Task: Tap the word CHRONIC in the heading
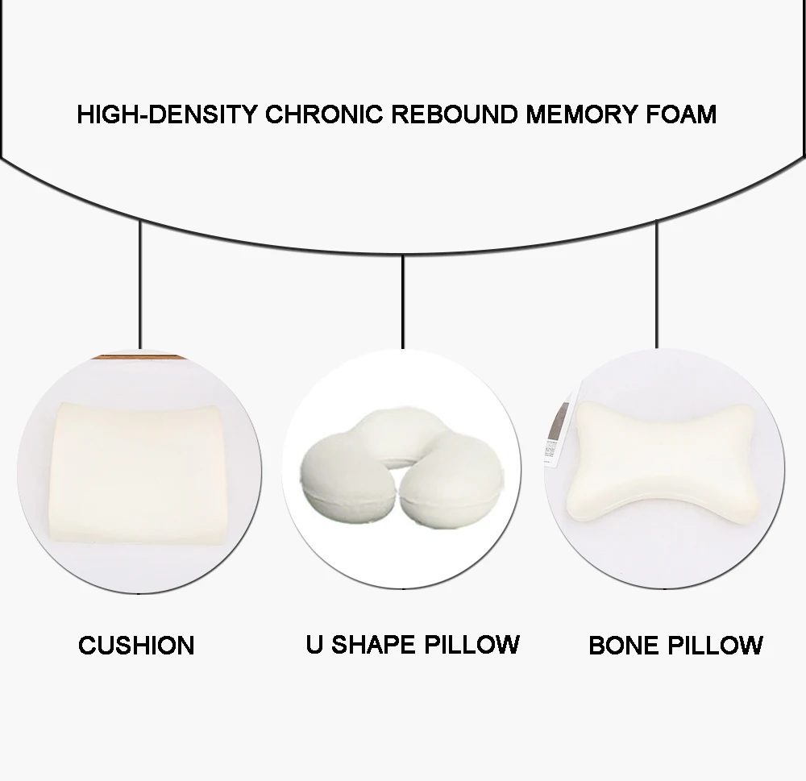[324, 114]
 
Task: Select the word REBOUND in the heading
[455, 114]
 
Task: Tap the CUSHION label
[136, 646]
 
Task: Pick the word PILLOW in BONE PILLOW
[717, 646]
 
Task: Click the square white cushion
[139, 471]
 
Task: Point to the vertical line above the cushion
[141, 282]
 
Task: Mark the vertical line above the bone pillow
[657, 282]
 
